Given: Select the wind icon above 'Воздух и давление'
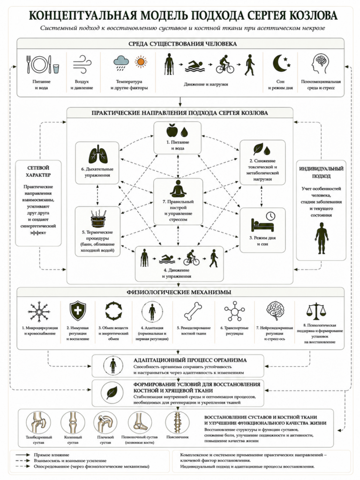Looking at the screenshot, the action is point(82,64).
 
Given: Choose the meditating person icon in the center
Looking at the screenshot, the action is point(178,188).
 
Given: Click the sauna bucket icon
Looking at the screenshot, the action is point(98,218).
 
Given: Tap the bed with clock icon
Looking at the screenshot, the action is point(263,222).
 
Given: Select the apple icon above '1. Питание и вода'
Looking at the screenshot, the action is point(172,130).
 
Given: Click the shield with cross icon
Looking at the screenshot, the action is point(78,311).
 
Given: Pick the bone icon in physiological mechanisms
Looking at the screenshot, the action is point(193,311).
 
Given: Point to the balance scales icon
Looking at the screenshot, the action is point(316,311).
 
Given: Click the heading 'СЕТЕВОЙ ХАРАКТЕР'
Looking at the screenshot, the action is point(38,172).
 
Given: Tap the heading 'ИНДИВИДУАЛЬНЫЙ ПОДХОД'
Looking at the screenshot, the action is point(321,172).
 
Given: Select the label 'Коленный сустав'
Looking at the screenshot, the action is point(73,440).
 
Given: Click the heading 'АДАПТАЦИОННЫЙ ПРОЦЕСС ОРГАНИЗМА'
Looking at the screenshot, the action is point(190,360).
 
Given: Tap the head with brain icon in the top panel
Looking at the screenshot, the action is point(321,64).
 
